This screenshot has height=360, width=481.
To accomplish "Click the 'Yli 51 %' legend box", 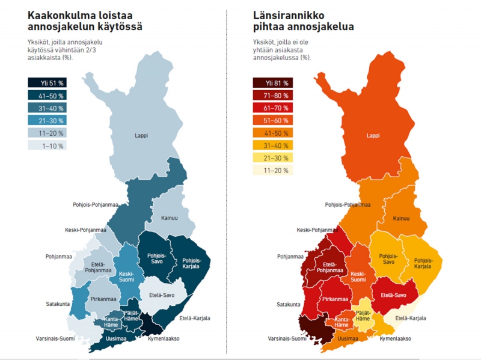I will (x=46, y=84).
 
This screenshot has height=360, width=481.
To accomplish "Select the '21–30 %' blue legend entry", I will (x=46, y=121).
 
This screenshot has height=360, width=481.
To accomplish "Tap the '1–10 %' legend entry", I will (x=46, y=145).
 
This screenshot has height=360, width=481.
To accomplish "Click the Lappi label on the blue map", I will (x=141, y=136).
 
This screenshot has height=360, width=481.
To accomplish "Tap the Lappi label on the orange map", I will (x=373, y=136).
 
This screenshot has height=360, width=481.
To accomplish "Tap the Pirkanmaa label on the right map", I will (x=335, y=299).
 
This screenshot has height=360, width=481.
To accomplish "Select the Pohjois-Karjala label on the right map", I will (x=423, y=263).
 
